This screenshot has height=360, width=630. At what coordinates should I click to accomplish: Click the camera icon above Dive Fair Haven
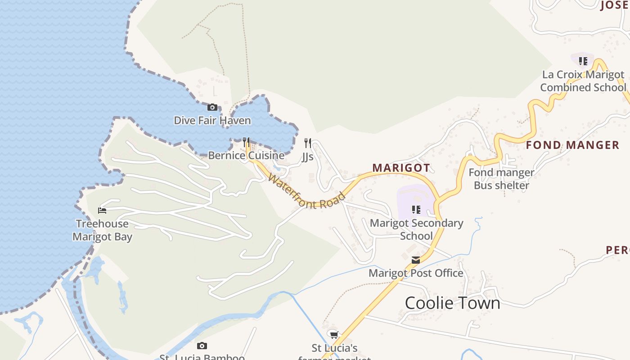click(x=212, y=108)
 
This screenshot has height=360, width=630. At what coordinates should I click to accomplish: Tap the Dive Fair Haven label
click(x=212, y=121)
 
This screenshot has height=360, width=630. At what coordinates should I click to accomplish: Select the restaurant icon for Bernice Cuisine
click(x=246, y=143)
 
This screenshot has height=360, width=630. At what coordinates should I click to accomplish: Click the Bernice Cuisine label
click(x=246, y=156)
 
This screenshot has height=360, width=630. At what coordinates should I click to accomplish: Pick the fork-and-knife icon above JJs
click(x=308, y=143)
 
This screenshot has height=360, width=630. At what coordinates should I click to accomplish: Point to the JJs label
click(x=308, y=157)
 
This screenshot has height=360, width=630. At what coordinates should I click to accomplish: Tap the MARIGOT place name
click(x=401, y=168)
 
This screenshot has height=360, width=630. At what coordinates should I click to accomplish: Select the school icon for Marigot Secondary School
click(x=416, y=210)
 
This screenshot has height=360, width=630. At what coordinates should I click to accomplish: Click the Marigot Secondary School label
click(x=416, y=229)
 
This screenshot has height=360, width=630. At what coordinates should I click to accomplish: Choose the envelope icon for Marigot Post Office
click(x=416, y=260)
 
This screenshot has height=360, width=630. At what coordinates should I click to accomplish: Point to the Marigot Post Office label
click(x=416, y=273)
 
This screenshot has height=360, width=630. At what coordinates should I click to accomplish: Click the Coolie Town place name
click(x=452, y=303)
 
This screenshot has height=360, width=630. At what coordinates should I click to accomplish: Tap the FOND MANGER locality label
click(x=572, y=145)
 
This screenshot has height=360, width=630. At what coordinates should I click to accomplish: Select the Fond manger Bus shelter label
click(x=501, y=179)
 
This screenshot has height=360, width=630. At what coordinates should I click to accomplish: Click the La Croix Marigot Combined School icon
click(x=583, y=61)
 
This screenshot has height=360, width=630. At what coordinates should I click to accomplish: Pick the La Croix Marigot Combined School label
click(x=583, y=81)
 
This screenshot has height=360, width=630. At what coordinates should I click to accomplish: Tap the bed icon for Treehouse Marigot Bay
click(x=102, y=210)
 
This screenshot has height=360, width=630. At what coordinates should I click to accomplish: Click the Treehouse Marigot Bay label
click(x=102, y=230)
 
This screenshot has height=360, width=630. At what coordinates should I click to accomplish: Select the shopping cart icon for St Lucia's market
click(x=334, y=335)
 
